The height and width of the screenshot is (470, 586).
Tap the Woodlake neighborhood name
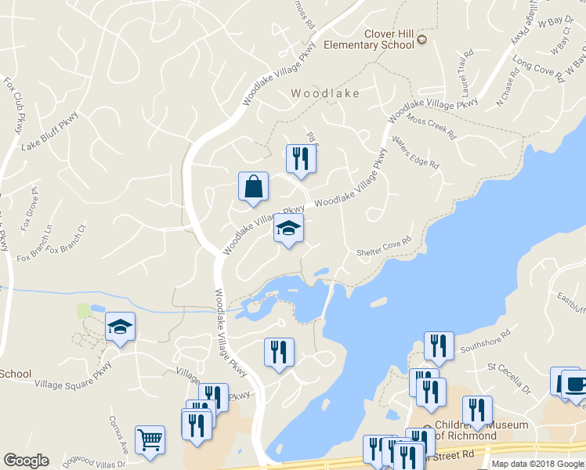point(325,93)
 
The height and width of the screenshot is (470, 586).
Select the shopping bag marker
point(253,188)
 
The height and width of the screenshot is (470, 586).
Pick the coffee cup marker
point(574,384)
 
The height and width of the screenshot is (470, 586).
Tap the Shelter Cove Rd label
point(384,248)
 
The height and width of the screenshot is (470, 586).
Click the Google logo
point(26,461)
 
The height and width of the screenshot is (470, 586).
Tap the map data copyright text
point(538,464)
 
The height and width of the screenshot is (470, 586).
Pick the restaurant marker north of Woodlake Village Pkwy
point(301,158)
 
